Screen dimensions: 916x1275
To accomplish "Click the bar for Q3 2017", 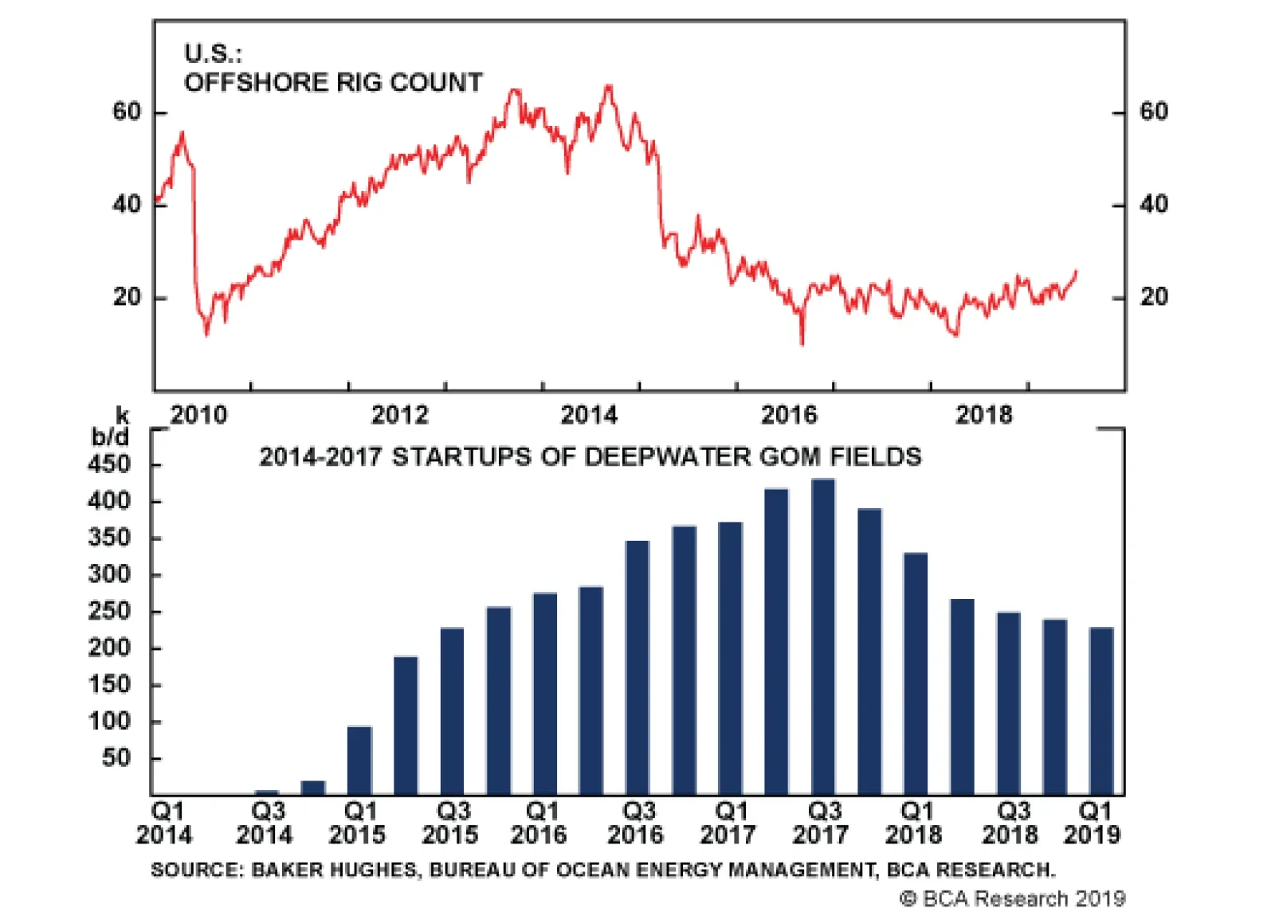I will tap(822, 637).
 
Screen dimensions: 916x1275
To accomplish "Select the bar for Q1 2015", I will tap(359, 761).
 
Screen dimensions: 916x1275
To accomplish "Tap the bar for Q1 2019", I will tap(1101, 711).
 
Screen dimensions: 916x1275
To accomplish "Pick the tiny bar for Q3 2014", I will tap(266, 793).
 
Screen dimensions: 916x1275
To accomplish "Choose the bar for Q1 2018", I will tap(916, 674).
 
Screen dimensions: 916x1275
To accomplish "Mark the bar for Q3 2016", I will tap(637, 667).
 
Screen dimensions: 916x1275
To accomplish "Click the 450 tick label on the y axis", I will tap(109, 464).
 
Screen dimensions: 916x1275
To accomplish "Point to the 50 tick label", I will tap(116, 758).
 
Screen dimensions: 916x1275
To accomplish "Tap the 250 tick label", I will tap(109, 612).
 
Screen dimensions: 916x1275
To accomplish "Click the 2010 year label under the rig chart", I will tap(198, 415).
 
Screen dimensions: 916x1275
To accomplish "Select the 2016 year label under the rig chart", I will tap(789, 415).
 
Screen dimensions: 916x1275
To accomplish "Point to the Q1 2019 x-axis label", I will tap(1093, 824).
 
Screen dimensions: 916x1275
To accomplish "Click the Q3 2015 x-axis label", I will tap(451, 824).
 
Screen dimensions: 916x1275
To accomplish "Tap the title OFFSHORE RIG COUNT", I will tap(333, 82).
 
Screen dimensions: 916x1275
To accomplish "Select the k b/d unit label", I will tap(112, 426).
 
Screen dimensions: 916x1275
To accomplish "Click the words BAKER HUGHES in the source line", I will tap(334, 870).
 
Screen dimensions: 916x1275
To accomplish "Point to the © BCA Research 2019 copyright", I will tap(1012, 898).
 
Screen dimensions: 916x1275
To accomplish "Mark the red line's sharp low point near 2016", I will tap(802, 343).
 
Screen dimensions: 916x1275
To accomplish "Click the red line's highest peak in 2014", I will tap(610, 85).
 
